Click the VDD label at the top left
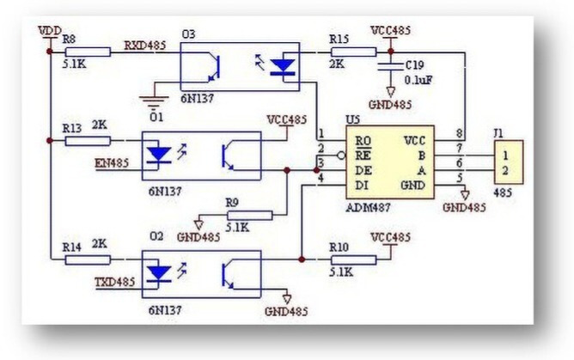[50, 31]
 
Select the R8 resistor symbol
[89, 52]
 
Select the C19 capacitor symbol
[391, 66]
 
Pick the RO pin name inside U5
[363, 139]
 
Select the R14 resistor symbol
[89, 259]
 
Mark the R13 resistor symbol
[89, 139]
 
